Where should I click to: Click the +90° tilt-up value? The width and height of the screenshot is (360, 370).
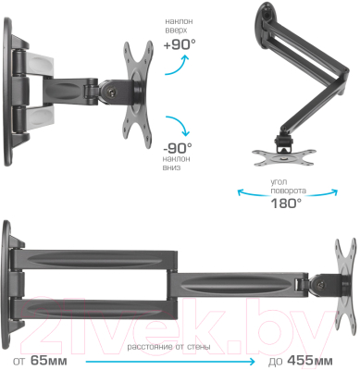[180, 45]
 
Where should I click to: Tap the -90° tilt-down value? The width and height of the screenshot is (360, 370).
[178, 148]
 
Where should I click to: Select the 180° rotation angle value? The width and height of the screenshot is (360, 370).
[286, 203]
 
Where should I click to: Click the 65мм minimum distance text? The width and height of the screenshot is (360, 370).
[49, 361]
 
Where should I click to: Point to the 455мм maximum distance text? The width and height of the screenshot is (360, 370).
[310, 361]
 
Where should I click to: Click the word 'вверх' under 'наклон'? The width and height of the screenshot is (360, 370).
[176, 31]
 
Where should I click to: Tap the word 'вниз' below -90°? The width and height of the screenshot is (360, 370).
[171, 167]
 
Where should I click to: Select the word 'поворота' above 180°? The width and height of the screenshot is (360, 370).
[289, 191]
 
